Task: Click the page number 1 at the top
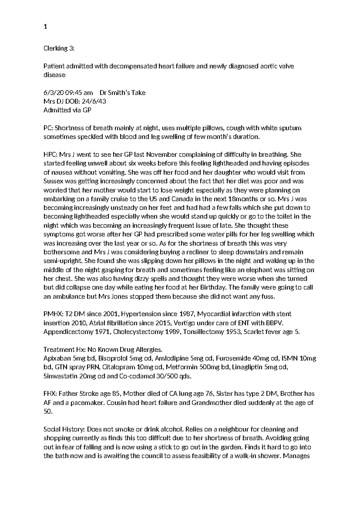pyautogui.click(x=45, y=27)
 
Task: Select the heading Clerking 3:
pyautogui.click(x=58, y=48)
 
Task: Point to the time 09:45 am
pyautogui.click(x=76, y=93)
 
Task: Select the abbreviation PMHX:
pyautogui.click(x=53, y=314)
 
